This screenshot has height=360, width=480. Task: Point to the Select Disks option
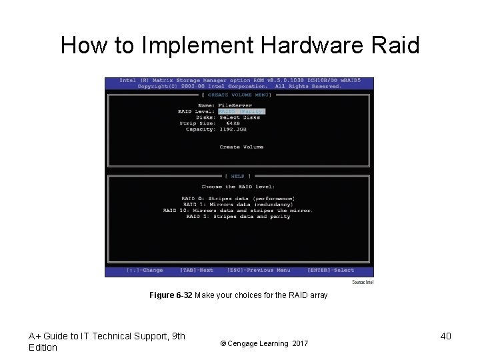[x=241, y=117]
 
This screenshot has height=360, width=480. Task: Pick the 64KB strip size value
[x=233, y=123]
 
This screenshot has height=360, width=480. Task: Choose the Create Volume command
[x=241, y=147]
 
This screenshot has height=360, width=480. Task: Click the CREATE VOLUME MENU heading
[x=239, y=95]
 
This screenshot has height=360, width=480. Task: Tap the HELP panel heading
[x=238, y=177]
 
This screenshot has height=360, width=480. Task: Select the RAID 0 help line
[x=237, y=198]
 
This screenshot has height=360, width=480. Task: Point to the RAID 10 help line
[x=237, y=210]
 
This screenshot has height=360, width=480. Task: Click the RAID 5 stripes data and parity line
[x=237, y=216]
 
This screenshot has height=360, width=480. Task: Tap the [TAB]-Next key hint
[x=197, y=270]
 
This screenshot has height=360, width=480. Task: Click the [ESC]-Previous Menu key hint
[x=259, y=270]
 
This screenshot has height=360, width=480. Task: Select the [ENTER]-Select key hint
[x=331, y=270]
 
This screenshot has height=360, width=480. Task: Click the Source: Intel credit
[x=363, y=283]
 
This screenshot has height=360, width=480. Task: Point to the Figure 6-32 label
[x=171, y=295]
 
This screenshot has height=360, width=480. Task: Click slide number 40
[x=445, y=336]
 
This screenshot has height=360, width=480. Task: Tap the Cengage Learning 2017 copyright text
[x=265, y=343]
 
